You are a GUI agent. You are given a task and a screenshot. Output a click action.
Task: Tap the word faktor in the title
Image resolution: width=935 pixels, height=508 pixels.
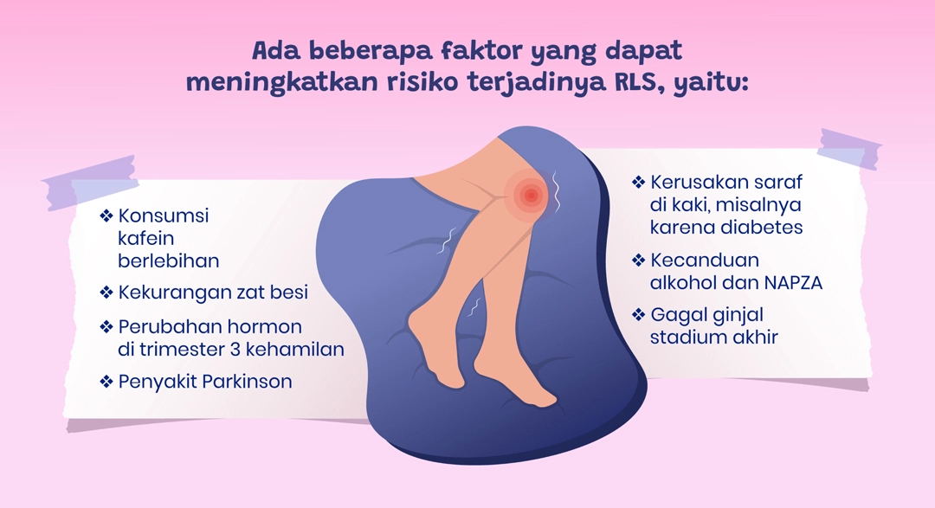(x=480, y=51)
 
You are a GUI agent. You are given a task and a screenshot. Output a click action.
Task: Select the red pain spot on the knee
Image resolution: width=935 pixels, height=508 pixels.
(x=530, y=195)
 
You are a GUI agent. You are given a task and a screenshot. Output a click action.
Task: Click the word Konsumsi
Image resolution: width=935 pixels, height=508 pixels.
(x=164, y=215)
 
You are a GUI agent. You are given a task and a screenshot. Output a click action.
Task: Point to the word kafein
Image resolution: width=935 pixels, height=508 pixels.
(x=146, y=238)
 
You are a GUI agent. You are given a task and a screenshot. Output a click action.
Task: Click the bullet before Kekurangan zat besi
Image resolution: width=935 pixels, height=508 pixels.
(x=106, y=293)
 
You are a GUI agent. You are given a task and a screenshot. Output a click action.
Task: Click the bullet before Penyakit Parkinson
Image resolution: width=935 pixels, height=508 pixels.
(x=106, y=381)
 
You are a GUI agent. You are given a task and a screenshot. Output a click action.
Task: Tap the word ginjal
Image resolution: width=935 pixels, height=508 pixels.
(x=725, y=315)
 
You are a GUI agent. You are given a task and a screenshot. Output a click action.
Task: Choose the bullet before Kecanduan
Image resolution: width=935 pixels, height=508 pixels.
(x=639, y=260)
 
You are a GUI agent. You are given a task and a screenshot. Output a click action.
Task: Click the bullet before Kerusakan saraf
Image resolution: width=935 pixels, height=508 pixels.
(x=639, y=181)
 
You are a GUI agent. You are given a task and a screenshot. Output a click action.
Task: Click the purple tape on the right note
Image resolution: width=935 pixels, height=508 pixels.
(x=849, y=149)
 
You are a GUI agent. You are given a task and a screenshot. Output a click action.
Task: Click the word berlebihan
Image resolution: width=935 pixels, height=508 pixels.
(x=169, y=260)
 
